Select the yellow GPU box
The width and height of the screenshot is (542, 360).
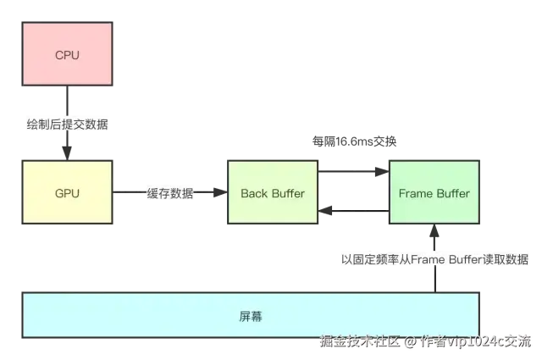point(67,193)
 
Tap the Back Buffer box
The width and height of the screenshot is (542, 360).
point(273,193)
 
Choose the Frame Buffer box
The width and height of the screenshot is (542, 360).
point(434,193)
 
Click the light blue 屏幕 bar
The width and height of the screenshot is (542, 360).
point(251,316)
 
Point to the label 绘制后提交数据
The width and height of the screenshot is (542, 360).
point(67,125)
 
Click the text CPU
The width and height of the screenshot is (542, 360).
point(67,55)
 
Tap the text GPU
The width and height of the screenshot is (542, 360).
point(67,193)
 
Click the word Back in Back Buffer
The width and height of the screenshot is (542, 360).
point(254,193)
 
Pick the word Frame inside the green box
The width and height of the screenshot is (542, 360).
point(417,193)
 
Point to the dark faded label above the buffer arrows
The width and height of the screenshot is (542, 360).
point(355,142)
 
